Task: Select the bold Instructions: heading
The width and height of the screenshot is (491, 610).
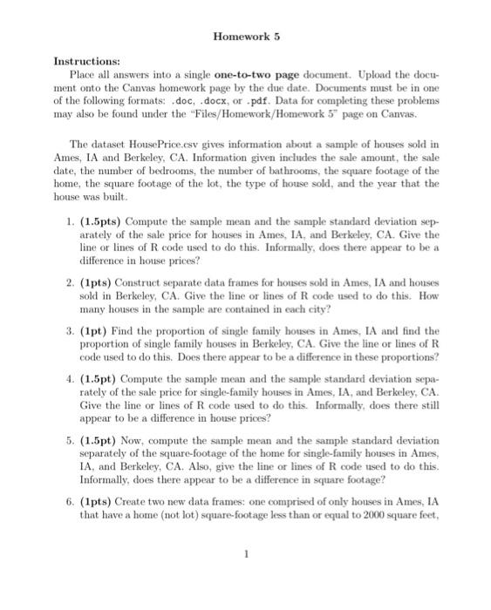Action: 88,63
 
